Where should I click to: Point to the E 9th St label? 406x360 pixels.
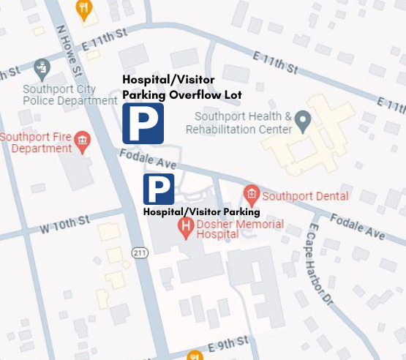228,342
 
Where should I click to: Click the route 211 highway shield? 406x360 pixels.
140,252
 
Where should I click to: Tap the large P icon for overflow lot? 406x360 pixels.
143,123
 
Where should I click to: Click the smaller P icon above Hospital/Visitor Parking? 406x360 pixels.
159,190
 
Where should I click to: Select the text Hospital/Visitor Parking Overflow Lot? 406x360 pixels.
182,87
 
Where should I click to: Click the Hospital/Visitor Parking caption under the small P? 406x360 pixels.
202,212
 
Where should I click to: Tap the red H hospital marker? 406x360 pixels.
186,228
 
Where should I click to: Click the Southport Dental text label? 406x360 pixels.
305,196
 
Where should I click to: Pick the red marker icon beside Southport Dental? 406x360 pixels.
252,194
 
